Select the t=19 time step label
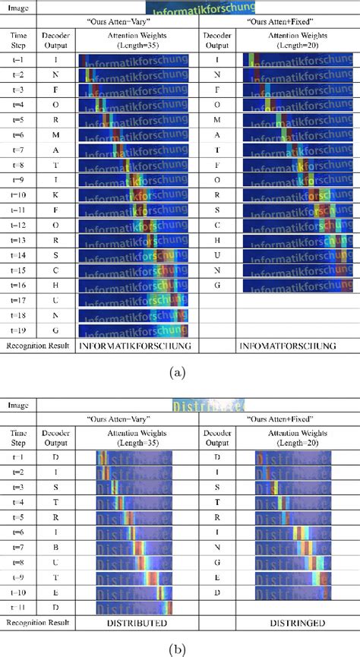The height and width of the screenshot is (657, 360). click(18, 330)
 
